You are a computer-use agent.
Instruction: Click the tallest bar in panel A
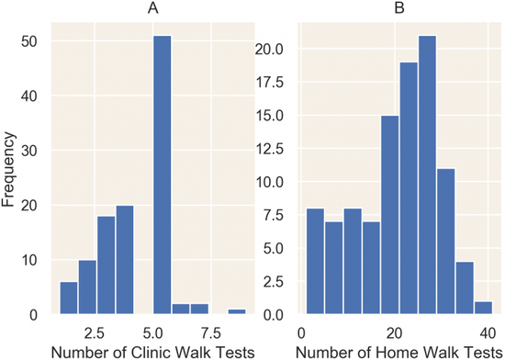[x=163, y=174]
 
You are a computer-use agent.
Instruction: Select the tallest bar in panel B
[x=427, y=174]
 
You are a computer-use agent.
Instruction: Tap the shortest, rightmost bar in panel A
[x=237, y=311]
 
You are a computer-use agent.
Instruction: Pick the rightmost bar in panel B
[x=483, y=308]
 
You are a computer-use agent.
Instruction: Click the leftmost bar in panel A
[x=69, y=298]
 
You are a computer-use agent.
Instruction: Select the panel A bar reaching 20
[x=125, y=260]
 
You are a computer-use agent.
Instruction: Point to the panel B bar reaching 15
[x=390, y=215]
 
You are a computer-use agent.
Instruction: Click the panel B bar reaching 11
[x=446, y=242]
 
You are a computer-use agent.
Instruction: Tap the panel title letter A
[x=153, y=8]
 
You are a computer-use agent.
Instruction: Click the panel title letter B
[x=399, y=8]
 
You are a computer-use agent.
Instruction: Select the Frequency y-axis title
[x=8, y=169]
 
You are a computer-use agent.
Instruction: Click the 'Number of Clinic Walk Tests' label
[x=153, y=352]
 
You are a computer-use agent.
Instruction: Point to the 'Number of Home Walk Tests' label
[x=399, y=352]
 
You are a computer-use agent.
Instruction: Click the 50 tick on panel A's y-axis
[x=29, y=42]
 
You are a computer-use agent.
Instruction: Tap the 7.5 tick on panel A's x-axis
[x=211, y=333]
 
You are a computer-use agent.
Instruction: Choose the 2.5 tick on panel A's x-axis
[x=95, y=333]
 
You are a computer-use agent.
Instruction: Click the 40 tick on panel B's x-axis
[x=488, y=333]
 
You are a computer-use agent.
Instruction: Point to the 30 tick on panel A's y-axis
[x=29, y=151]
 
